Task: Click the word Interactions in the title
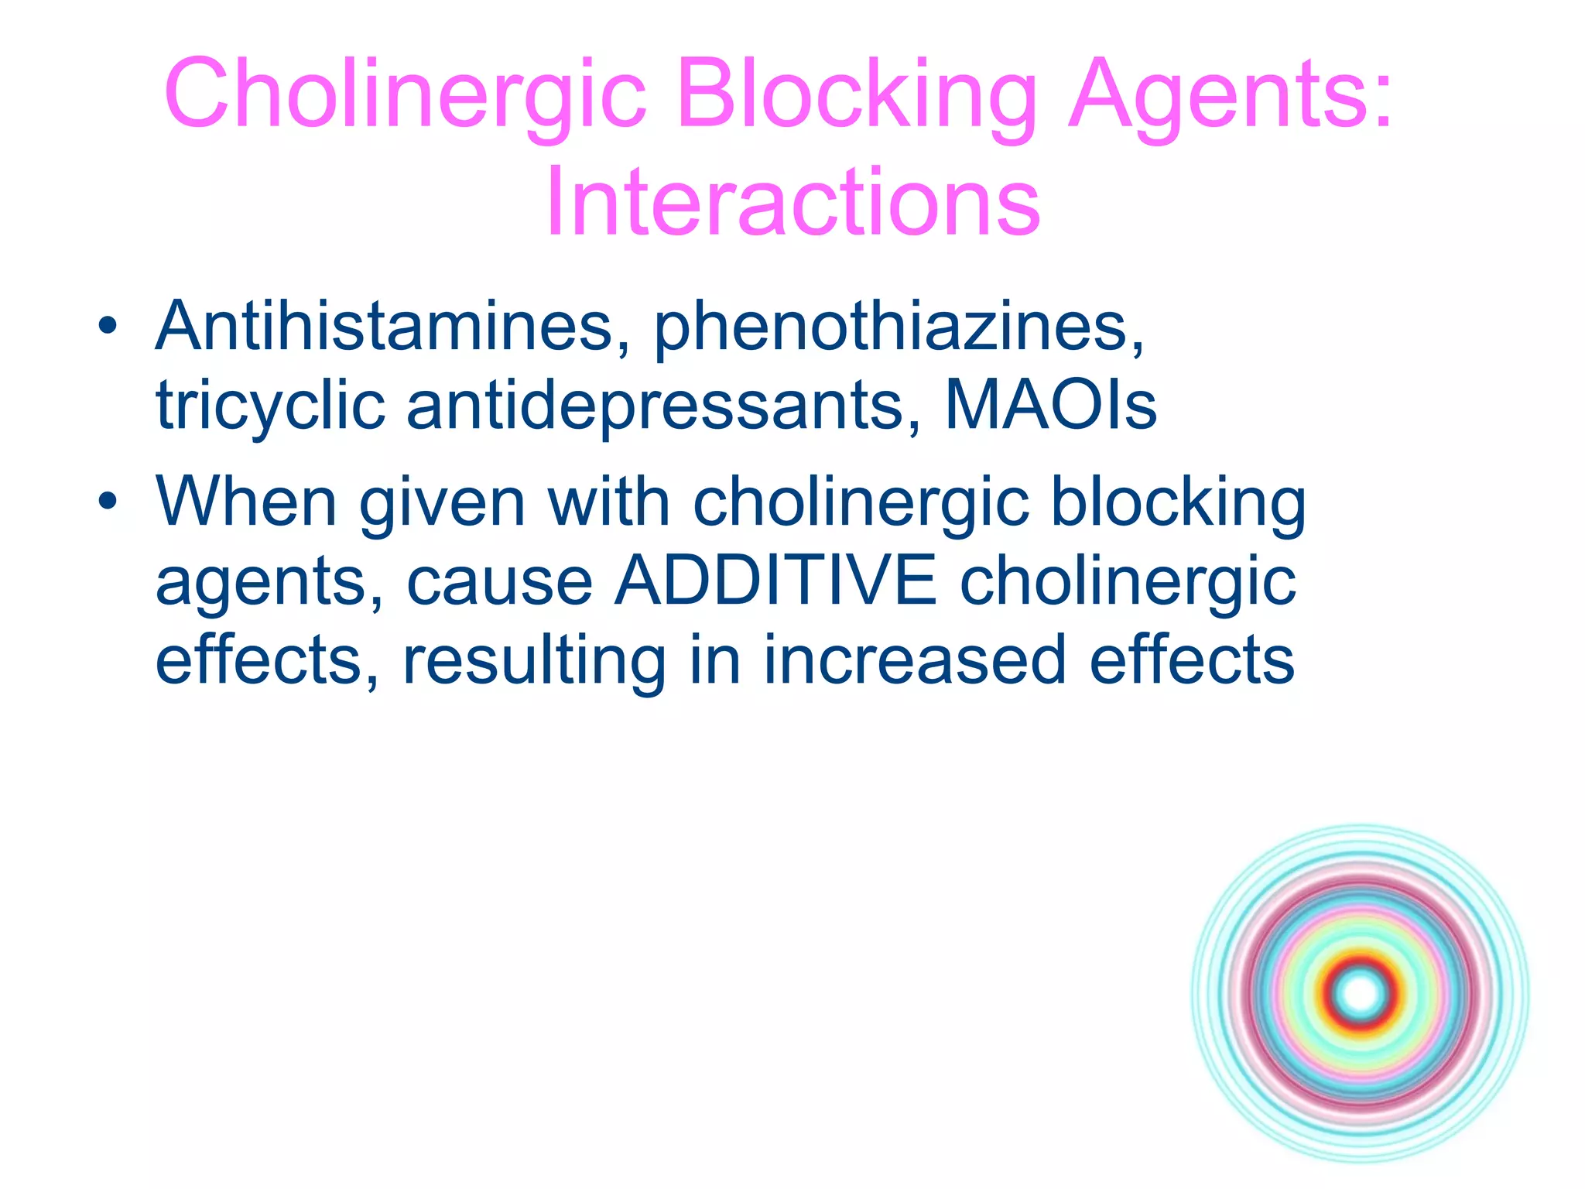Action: (x=792, y=203)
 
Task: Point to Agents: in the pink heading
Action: (x=1231, y=94)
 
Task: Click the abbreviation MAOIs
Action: (x=1050, y=406)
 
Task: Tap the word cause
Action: (x=500, y=582)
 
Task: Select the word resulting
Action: (x=534, y=661)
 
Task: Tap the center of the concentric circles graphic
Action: (x=1361, y=993)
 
